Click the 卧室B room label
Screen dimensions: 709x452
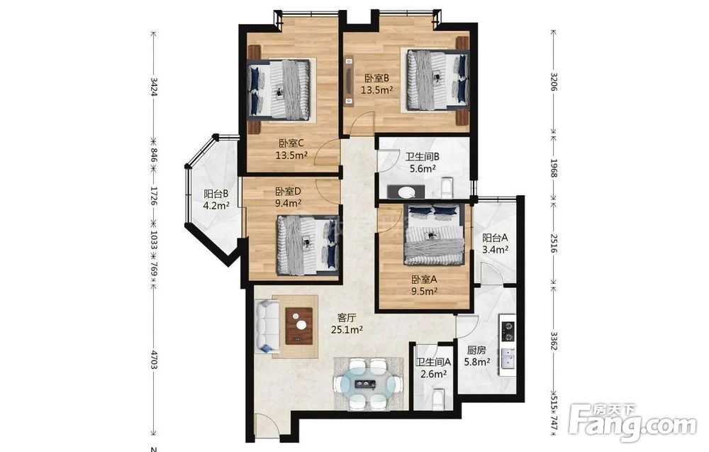(x=376, y=84)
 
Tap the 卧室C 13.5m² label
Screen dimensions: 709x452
(x=291, y=150)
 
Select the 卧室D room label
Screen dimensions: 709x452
(x=288, y=197)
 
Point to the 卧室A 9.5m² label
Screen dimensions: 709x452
(x=424, y=285)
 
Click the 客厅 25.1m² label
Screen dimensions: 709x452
(x=347, y=324)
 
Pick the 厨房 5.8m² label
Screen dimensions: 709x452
(x=477, y=355)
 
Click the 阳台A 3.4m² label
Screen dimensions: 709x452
(x=495, y=243)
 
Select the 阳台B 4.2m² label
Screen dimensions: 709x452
(x=216, y=199)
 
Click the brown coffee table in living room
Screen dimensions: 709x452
(x=299, y=326)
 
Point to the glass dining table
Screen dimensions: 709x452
(x=368, y=385)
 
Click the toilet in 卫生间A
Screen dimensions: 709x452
(x=438, y=400)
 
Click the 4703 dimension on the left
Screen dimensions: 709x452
(x=154, y=360)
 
